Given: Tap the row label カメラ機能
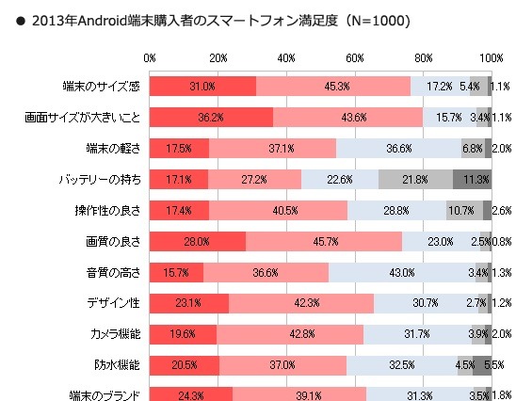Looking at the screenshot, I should pos(112,333).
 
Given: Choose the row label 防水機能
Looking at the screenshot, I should pos(117,364).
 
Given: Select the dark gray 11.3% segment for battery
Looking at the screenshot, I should pos(472,179).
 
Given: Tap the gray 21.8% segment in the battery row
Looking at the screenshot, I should pos(415,179).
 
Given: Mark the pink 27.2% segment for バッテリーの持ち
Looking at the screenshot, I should pos(254,179).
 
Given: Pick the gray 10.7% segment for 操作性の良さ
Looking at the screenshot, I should pos(464,210).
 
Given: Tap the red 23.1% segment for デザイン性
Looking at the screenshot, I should pos(189,303).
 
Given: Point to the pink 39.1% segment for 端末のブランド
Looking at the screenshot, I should pos(299,394).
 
